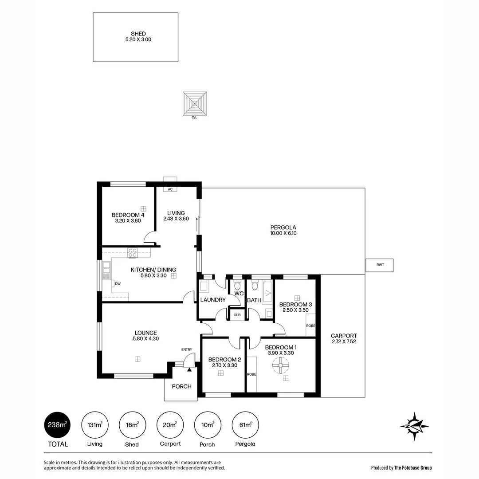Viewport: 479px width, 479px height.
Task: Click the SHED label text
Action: [138, 34]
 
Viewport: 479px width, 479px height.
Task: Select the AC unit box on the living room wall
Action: [170, 189]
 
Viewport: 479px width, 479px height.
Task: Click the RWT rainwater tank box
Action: [379, 265]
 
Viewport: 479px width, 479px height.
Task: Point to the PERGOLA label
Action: [283, 228]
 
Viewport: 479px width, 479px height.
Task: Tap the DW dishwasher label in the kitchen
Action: [118, 284]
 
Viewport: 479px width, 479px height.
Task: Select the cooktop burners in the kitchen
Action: [133, 253]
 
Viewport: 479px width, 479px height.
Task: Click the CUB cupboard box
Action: [237, 315]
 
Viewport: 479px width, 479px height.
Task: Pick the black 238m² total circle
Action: [58, 425]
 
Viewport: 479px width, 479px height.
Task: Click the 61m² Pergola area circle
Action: [245, 425]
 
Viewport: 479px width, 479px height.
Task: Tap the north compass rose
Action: [414, 426]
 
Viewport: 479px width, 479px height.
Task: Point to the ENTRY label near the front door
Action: [187, 350]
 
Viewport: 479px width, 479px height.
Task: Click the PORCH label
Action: [181, 386]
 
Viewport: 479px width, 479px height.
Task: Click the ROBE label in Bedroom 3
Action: [310, 326]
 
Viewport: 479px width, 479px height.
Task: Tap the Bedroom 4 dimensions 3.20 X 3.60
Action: [128, 220]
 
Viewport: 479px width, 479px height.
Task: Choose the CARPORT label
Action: [343, 336]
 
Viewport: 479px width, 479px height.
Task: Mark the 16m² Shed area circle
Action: [132, 425]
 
